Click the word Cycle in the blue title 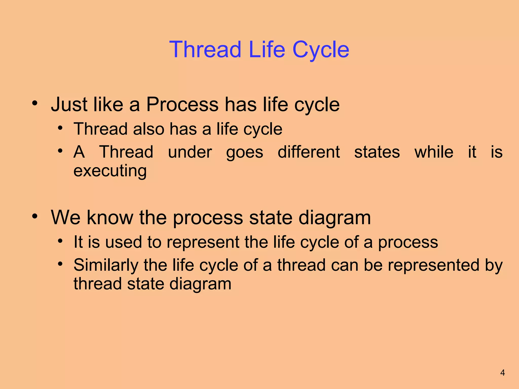[321, 50]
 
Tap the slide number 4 [503, 373]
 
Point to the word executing [110, 171]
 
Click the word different [309, 152]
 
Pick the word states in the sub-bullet [377, 152]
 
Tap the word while [434, 152]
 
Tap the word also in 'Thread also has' [149, 129]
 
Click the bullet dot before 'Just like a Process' [35, 103]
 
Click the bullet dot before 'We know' [35, 216]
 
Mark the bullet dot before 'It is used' [60, 241]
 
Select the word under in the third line [190, 152]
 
